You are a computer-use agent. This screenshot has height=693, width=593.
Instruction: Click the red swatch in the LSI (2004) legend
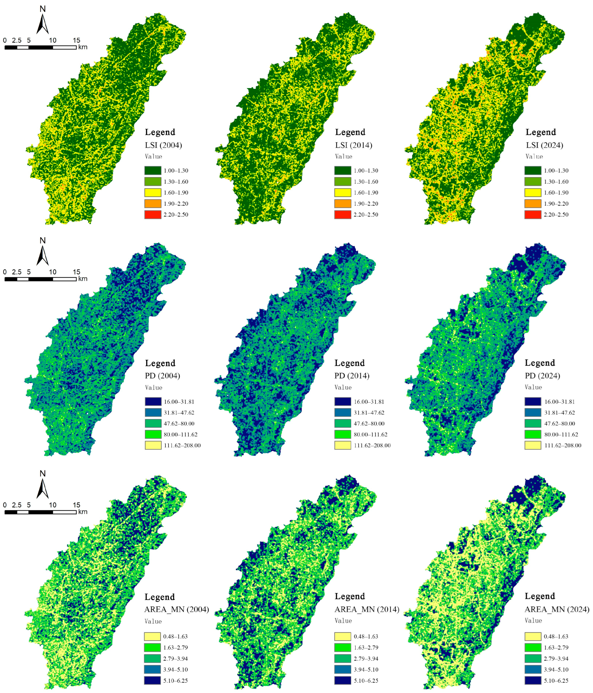point(153,214)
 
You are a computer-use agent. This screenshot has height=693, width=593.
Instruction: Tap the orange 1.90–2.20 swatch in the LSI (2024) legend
point(532,203)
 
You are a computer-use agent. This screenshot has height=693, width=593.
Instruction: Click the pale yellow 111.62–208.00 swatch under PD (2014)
point(342,445)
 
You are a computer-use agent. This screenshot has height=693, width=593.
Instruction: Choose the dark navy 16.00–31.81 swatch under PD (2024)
point(532,401)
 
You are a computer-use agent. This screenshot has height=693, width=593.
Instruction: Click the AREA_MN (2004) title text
point(176,609)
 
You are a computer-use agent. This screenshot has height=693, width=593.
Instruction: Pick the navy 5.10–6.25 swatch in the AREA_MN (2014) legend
point(342,680)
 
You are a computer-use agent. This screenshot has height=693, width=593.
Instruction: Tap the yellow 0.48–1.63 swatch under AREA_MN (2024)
point(532,636)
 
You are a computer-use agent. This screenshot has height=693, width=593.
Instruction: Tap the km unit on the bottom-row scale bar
point(83,512)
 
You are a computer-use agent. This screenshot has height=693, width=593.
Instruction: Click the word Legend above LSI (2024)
point(541,132)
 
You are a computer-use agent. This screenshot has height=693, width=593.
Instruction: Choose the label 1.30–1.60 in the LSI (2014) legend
point(366,182)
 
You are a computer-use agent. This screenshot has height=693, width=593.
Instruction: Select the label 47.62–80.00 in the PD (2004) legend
point(179,424)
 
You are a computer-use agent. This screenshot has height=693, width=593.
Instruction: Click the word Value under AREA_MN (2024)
point(533,620)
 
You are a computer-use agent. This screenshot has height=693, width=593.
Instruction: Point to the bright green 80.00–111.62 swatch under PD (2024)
point(532,434)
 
